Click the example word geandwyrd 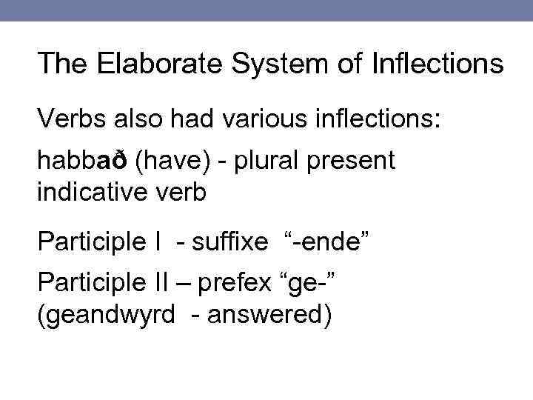tap(106, 315)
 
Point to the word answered tap(269, 315)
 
